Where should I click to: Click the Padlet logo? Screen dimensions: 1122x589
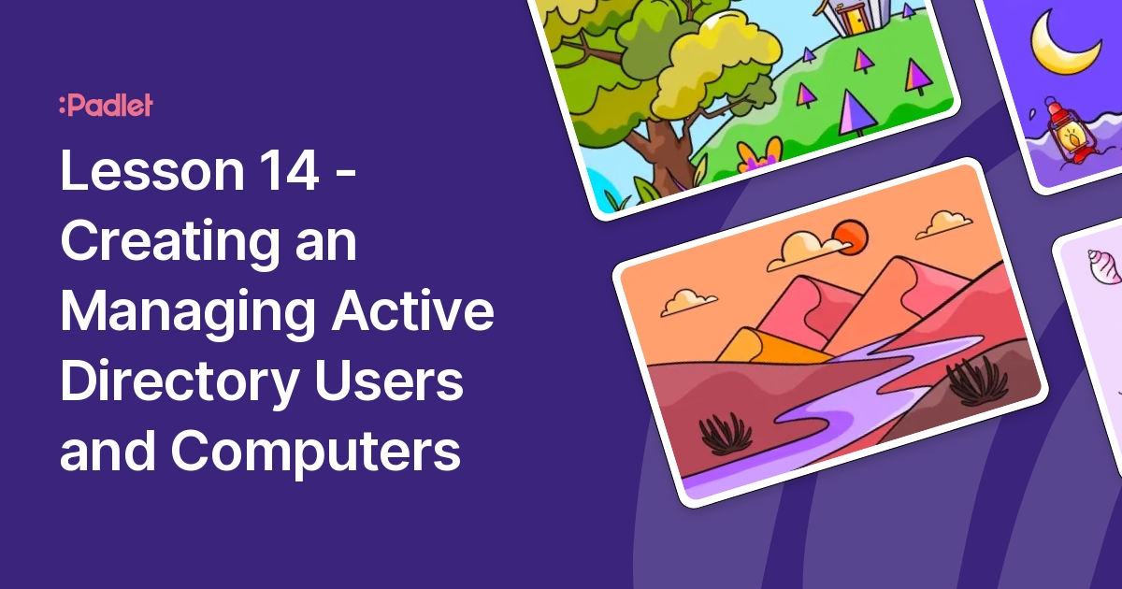pos(106,105)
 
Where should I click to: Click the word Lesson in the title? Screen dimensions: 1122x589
pos(152,170)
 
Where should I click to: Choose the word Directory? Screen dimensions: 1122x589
pos(180,382)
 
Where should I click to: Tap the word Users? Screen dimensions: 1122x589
pos(389,381)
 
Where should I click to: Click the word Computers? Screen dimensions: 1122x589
pos(316,452)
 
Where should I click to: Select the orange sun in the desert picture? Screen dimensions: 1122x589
pos(851,237)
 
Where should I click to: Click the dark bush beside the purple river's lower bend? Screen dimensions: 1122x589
pos(726,434)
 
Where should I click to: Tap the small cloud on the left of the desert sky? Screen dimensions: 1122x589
pos(688,302)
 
